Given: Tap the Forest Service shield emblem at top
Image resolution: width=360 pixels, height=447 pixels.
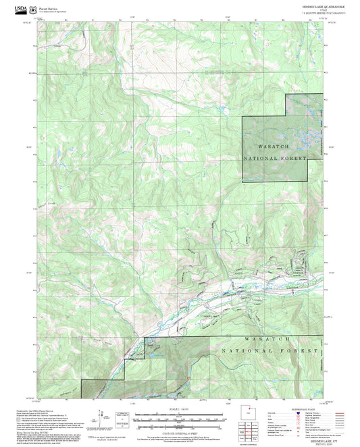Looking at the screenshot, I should click(36, 9).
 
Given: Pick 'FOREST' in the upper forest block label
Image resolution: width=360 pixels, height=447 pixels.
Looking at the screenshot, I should click(294, 159).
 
